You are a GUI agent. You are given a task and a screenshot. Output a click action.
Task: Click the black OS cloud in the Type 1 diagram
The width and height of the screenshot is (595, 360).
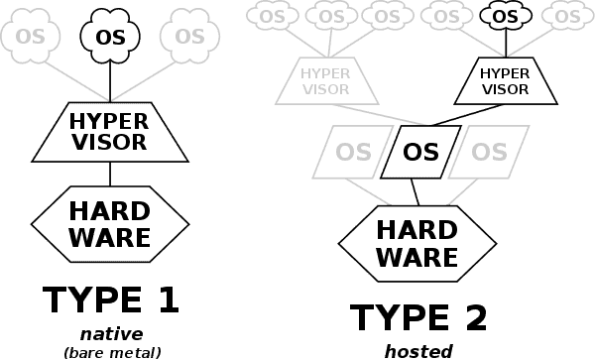coord(110,37)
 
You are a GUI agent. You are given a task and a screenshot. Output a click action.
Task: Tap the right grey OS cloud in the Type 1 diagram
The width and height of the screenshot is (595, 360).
coord(188,37)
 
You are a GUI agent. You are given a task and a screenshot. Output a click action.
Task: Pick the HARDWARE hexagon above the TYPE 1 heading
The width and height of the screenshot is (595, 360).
coord(110,223)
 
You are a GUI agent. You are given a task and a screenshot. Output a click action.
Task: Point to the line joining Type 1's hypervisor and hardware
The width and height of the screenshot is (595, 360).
coord(110,174)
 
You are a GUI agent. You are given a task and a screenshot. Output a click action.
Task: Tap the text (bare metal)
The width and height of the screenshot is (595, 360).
coord(111,350)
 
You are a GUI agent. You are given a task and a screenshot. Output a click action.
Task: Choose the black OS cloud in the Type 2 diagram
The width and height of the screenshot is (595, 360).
coord(506,16)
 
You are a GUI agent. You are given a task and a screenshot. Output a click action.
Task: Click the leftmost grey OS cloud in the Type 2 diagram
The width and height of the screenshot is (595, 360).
coord(271,16)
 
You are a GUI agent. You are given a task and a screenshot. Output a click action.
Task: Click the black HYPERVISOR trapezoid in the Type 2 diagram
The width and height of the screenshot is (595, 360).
coord(505,81)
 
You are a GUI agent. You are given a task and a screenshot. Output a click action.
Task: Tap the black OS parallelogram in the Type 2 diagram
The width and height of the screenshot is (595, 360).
coord(420,152)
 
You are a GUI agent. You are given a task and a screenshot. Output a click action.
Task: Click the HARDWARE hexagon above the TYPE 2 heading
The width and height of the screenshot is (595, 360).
coord(417,244)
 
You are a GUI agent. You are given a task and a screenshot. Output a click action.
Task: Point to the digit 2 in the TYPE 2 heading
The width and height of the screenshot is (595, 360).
coord(471,318)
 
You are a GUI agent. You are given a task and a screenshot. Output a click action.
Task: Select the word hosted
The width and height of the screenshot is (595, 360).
coord(418,350)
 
